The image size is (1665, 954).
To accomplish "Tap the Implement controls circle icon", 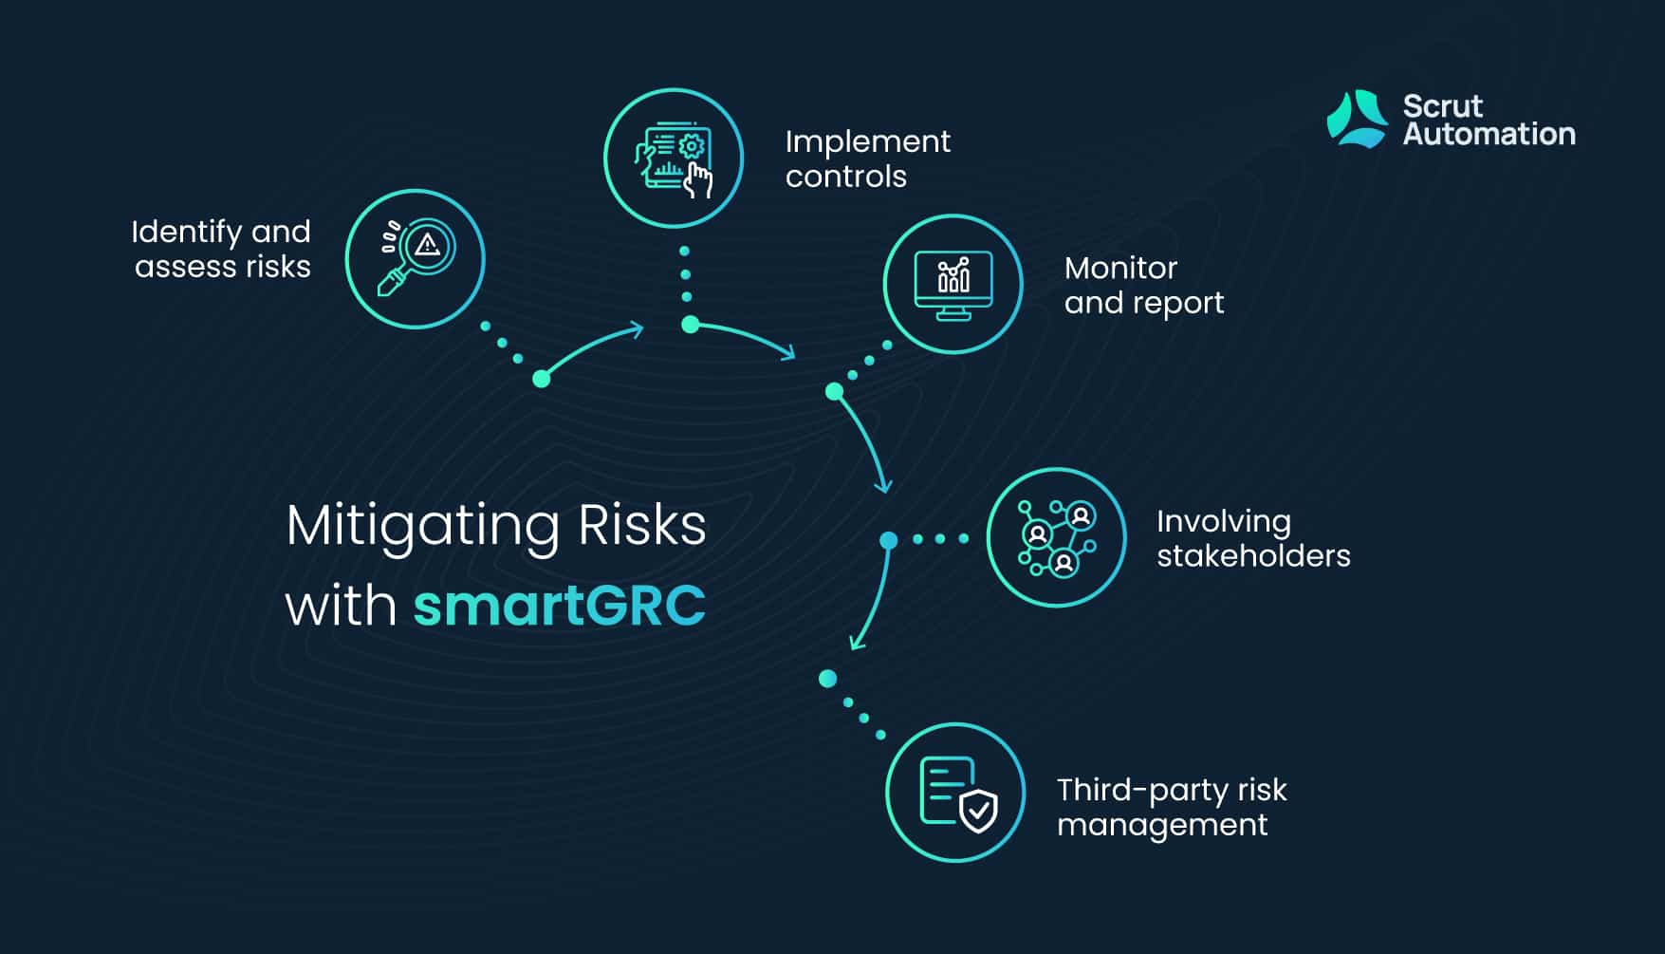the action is click(674, 159).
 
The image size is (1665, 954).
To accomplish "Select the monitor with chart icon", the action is click(953, 285).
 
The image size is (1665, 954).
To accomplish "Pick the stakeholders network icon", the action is click(1057, 537).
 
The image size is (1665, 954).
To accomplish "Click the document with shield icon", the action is click(955, 793).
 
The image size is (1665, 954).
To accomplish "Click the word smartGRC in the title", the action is click(560, 606).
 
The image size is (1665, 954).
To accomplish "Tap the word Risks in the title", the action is click(642, 525).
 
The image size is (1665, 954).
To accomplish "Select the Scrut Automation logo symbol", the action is click(1357, 120).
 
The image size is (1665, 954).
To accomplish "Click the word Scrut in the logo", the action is click(1442, 105).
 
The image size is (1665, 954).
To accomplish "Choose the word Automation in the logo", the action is click(1489, 134).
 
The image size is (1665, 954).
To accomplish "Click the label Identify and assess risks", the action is click(222, 249).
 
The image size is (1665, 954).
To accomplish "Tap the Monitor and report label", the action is click(1144, 285).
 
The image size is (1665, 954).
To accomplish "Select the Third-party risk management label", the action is click(1172, 807).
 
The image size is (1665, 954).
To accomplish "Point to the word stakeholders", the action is click(1253, 555).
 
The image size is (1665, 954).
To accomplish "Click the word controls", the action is click(846, 177).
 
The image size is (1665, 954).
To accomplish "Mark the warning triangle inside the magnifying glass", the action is click(428, 246).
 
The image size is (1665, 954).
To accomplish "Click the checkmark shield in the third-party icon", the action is click(978, 811).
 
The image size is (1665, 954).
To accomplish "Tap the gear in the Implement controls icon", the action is click(692, 146).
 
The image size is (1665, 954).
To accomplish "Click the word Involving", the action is click(1224, 523).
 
